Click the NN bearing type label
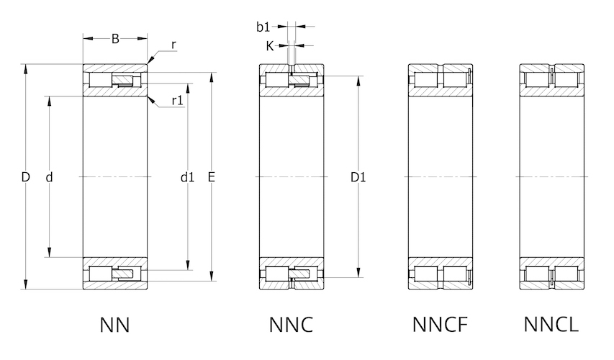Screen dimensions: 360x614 [x=115, y=325]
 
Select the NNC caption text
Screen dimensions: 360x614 [x=292, y=325]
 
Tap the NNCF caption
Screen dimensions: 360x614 [x=440, y=325]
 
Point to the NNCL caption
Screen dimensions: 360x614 [x=551, y=325]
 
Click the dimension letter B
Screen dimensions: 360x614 [x=115, y=39]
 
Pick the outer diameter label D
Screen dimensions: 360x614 [x=25, y=176]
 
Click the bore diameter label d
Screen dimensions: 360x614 [x=49, y=176]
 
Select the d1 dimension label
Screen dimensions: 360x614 [x=188, y=176]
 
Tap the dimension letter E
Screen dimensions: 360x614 [x=212, y=176]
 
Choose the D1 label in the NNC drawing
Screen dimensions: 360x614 [x=358, y=176]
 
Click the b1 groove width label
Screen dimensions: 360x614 [x=263, y=27]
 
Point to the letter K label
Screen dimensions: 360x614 [x=269, y=45]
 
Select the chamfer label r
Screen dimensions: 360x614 [x=174, y=45]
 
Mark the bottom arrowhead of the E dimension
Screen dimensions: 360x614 [x=212, y=276]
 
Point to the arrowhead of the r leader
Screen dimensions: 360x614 [x=149, y=62]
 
